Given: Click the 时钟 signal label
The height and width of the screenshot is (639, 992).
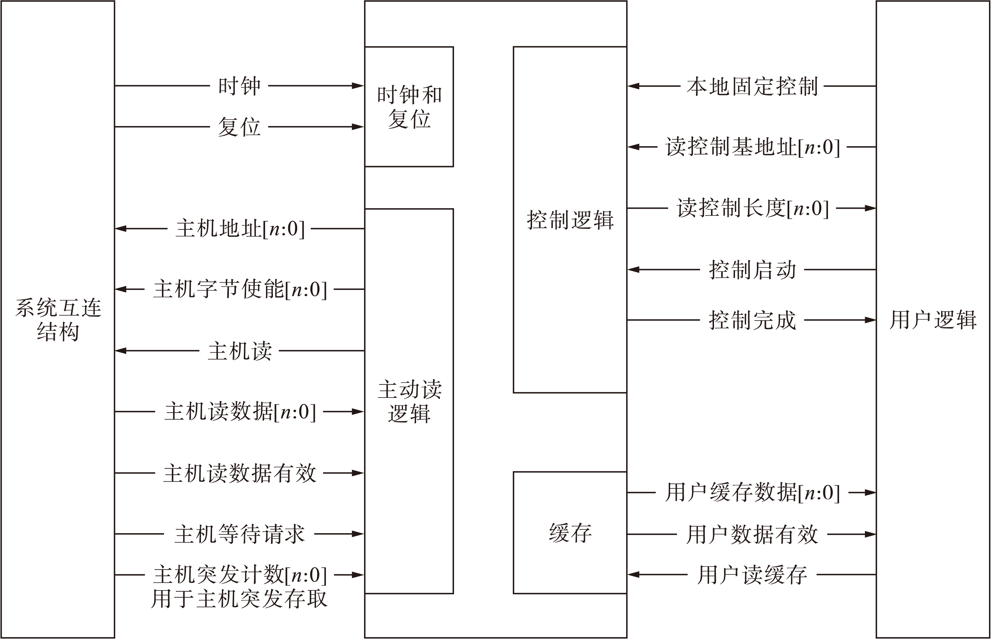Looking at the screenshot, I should click(239, 86).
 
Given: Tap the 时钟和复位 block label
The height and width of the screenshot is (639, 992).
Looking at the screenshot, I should click(409, 107).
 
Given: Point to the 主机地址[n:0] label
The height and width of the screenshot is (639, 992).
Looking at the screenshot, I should click(240, 229).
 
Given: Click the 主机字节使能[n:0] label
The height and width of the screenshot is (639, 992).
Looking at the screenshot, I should click(240, 289).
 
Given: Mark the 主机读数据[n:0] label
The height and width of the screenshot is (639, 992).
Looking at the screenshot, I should click(240, 412).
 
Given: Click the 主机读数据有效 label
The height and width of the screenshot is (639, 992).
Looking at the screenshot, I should click(240, 473).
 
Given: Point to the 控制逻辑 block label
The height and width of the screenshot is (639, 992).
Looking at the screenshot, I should click(570, 220).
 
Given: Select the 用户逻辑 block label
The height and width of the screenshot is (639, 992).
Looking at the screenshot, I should click(933, 320).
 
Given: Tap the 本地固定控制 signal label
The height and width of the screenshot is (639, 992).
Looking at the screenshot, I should click(752, 86).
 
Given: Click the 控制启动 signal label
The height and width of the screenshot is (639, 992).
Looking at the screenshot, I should click(752, 270).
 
